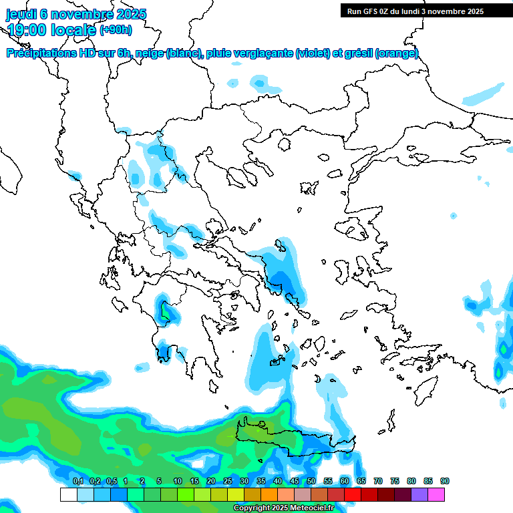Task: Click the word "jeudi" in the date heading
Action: (21, 14)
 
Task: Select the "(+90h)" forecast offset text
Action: (116, 29)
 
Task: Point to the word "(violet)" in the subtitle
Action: (312, 53)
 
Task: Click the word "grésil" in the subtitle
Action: (359, 53)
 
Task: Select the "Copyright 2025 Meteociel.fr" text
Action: (283, 508)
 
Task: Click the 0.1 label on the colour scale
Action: (77, 481)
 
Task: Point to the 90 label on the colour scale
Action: (445, 481)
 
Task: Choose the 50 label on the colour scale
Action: (311, 481)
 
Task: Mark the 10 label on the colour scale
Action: (178, 481)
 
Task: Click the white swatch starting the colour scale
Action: (68, 494)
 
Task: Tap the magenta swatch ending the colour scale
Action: (436, 494)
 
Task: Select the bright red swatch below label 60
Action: (353, 494)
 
